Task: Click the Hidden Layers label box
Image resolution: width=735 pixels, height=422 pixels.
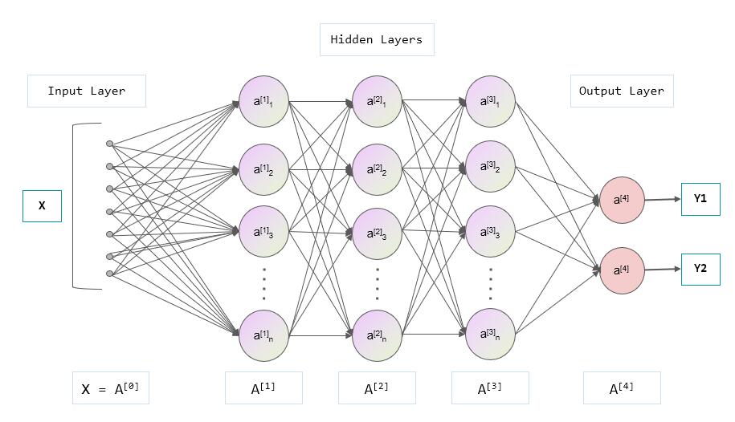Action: click(377, 39)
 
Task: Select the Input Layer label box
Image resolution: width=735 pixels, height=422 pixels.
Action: click(87, 91)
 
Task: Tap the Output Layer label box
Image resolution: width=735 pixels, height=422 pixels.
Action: click(622, 91)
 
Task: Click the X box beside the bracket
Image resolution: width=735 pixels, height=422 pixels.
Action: click(42, 206)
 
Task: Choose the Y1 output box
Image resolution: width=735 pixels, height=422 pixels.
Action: click(700, 199)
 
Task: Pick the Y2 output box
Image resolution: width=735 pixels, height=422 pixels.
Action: click(700, 270)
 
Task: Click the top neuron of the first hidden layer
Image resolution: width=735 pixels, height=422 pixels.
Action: click(263, 102)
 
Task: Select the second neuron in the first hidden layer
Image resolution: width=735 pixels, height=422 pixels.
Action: click(263, 169)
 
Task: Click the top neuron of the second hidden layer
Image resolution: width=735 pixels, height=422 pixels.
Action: click(377, 102)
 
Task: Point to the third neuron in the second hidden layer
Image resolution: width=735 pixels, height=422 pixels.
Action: click(377, 234)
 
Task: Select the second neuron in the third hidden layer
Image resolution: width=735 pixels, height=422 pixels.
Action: click(490, 167)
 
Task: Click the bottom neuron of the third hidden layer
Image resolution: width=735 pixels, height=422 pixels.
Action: click(490, 334)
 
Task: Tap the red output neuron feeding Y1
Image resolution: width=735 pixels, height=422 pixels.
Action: click(623, 200)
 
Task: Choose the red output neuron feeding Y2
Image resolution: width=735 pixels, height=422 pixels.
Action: click(623, 270)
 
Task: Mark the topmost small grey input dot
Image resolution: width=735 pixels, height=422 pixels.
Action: click(109, 144)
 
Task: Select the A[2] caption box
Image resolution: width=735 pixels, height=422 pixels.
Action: click(377, 388)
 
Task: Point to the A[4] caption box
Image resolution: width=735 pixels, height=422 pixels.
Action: click(622, 388)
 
